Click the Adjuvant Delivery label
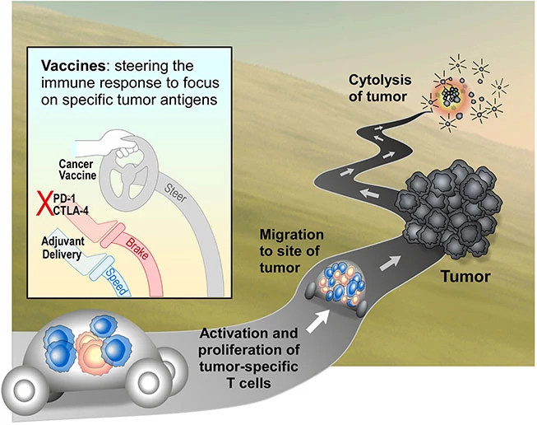[x=62, y=246]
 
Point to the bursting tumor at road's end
[x=451, y=96]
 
